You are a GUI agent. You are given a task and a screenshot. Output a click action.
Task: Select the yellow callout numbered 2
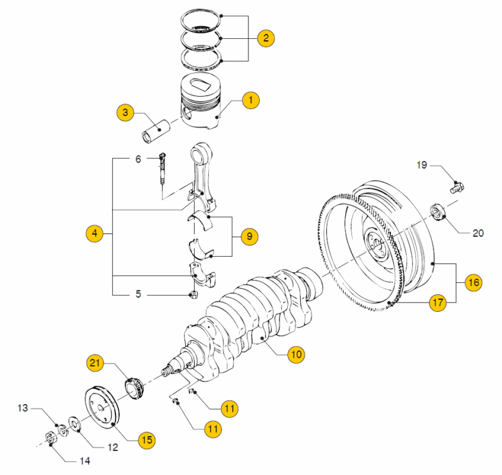point(266,38)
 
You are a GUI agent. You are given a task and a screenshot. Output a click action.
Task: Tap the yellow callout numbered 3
point(125,113)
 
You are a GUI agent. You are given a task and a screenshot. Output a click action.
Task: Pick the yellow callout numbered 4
point(94,234)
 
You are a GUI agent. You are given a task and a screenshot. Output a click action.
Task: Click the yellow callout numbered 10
point(296,355)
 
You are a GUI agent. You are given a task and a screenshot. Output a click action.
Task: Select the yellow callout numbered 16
point(474,283)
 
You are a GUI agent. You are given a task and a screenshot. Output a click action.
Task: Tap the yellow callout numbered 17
point(437,303)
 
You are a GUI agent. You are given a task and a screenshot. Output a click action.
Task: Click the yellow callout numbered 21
point(95,363)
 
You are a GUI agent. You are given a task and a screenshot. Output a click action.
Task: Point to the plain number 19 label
point(422,165)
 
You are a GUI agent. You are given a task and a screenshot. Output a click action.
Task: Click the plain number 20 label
point(478,233)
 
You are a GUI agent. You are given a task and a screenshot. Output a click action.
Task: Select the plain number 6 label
point(138,159)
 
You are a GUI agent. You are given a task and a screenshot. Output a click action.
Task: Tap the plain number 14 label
point(84,461)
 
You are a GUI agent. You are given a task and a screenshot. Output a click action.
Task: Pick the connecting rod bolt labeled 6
point(163,169)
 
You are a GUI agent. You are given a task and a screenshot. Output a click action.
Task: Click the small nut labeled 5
point(195,294)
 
